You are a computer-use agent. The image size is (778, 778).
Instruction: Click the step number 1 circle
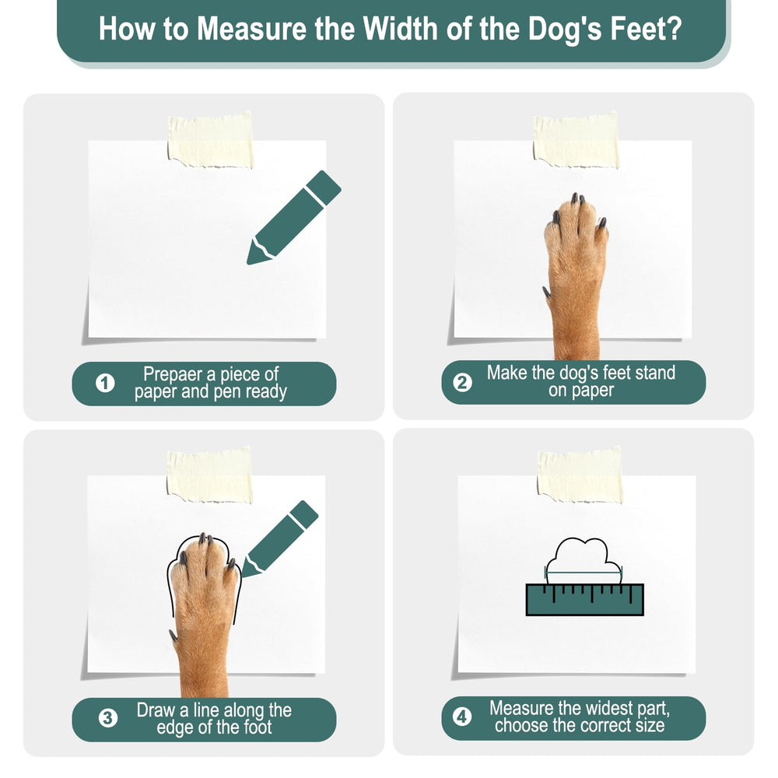(105, 383)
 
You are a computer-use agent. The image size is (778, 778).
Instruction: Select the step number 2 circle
(462, 383)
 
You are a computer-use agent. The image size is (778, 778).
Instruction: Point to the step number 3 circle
(107, 718)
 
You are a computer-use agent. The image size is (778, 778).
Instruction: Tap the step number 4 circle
(462, 717)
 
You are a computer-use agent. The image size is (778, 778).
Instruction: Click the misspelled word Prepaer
(172, 373)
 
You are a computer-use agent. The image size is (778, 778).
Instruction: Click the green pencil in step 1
(294, 217)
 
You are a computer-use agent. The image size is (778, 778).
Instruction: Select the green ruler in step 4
(584, 599)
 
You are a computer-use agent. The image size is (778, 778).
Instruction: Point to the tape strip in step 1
(210, 141)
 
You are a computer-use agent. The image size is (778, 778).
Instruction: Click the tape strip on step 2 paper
(576, 140)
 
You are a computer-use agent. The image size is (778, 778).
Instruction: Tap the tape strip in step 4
(580, 475)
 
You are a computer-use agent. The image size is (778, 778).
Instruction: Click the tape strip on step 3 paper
(209, 475)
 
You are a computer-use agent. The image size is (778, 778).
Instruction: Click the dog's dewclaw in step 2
(547, 292)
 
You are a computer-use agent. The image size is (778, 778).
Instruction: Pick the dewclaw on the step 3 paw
(173, 636)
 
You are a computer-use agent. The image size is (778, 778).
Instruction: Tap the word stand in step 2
(653, 373)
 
